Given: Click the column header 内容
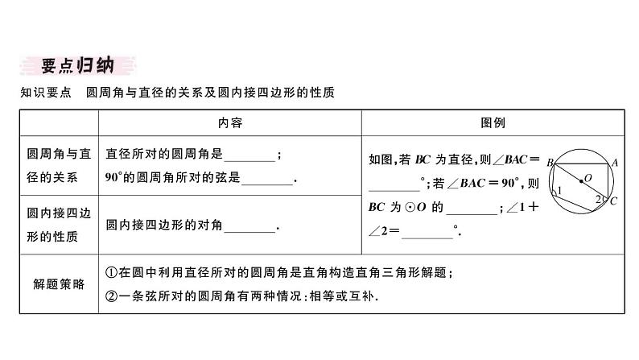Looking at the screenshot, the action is click(x=229, y=123).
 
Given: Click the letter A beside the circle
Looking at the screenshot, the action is click(x=614, y=162).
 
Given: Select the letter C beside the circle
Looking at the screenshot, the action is click(x=613, y=201).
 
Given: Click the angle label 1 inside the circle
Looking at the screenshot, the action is click(x=559, y=190).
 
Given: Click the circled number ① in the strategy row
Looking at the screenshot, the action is click(x=112, y=274).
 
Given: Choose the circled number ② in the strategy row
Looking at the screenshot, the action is click(x=112, y=296).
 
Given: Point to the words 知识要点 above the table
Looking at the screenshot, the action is click(x=45, y=93).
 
